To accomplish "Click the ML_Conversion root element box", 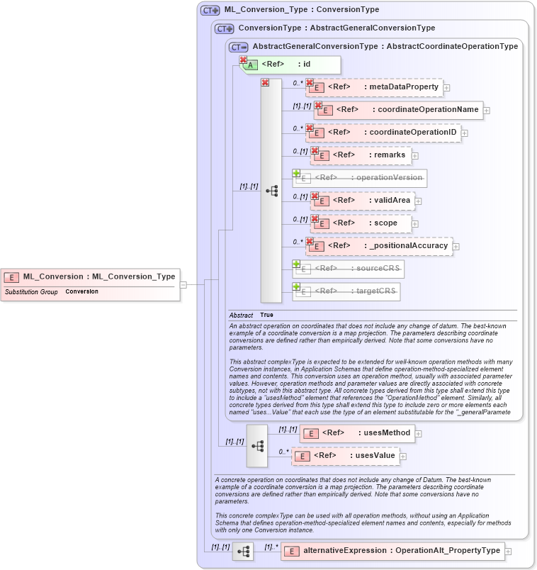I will click(90, 277).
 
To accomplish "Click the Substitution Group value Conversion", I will click(81, 292).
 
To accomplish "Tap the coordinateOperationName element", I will click(400, 110).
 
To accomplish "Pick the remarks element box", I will click(361, 155).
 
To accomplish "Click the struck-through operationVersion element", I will click(361, 177).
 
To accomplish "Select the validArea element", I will click(363, 201).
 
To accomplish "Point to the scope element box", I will click(361, 223).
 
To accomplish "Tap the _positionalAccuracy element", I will click(380, 246).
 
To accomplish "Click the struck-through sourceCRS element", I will click(349, 269).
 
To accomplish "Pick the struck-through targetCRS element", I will click(347, 291).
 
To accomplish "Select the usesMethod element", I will click(358, 433).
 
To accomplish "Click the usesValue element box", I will click(346, 456).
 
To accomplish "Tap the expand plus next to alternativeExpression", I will click(508, 551).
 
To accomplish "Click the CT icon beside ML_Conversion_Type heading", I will click(210, 10).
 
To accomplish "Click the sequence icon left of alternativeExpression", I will click(243, 551).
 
